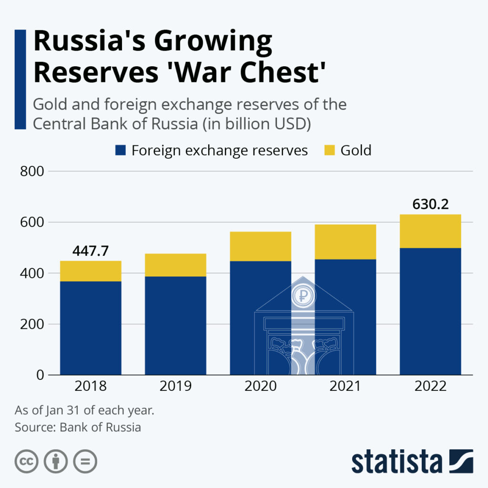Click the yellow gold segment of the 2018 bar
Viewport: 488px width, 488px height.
[91, 271]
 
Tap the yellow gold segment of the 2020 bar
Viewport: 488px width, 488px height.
[260, 246]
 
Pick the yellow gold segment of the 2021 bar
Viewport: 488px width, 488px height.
[346, 242]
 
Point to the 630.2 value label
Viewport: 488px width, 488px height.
[430, 205]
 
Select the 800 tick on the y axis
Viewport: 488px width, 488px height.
[33, 171]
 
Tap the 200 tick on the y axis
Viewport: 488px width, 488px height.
[33, 325]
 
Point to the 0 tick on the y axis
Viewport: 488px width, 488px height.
[40, 375]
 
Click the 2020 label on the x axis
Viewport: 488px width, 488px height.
[260, 386]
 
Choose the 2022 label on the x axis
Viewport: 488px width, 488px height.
[430, 386]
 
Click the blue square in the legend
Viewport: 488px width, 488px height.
[121, 151]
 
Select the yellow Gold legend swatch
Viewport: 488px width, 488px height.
[330, 151]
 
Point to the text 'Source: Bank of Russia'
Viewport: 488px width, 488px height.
[78, 427]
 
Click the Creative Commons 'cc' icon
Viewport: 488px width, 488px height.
[26, 461]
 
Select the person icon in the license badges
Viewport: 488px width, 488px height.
[55, 461]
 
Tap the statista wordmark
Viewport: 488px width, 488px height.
[396, 461]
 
